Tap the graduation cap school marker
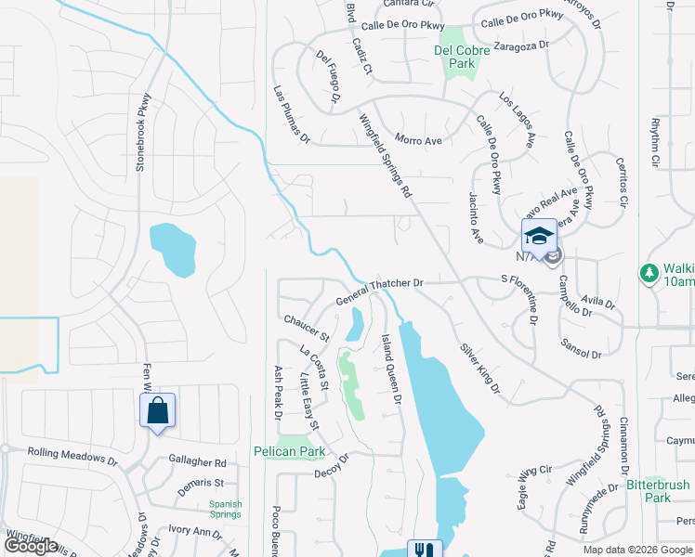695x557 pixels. (539, 237)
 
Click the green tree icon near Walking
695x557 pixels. (649, 273)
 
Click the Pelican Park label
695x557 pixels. (289, 452)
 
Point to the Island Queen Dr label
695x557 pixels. (391, 369)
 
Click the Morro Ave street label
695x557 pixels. (418, 141)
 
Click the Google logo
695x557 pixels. (30, 546)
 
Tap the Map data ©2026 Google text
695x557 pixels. (637, 550)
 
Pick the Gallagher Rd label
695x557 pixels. (198, 461)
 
